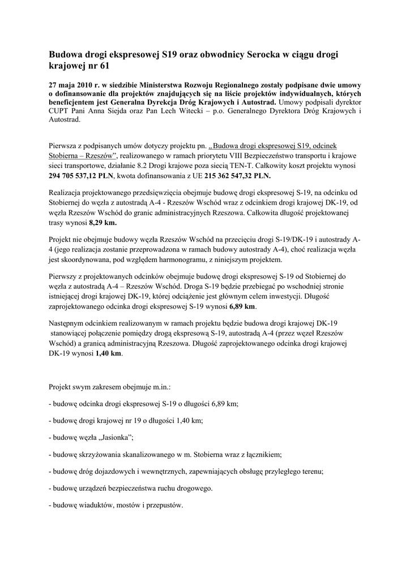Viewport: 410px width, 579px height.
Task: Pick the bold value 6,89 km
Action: pos(242,306)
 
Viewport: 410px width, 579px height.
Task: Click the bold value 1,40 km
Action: pos(108,353)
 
